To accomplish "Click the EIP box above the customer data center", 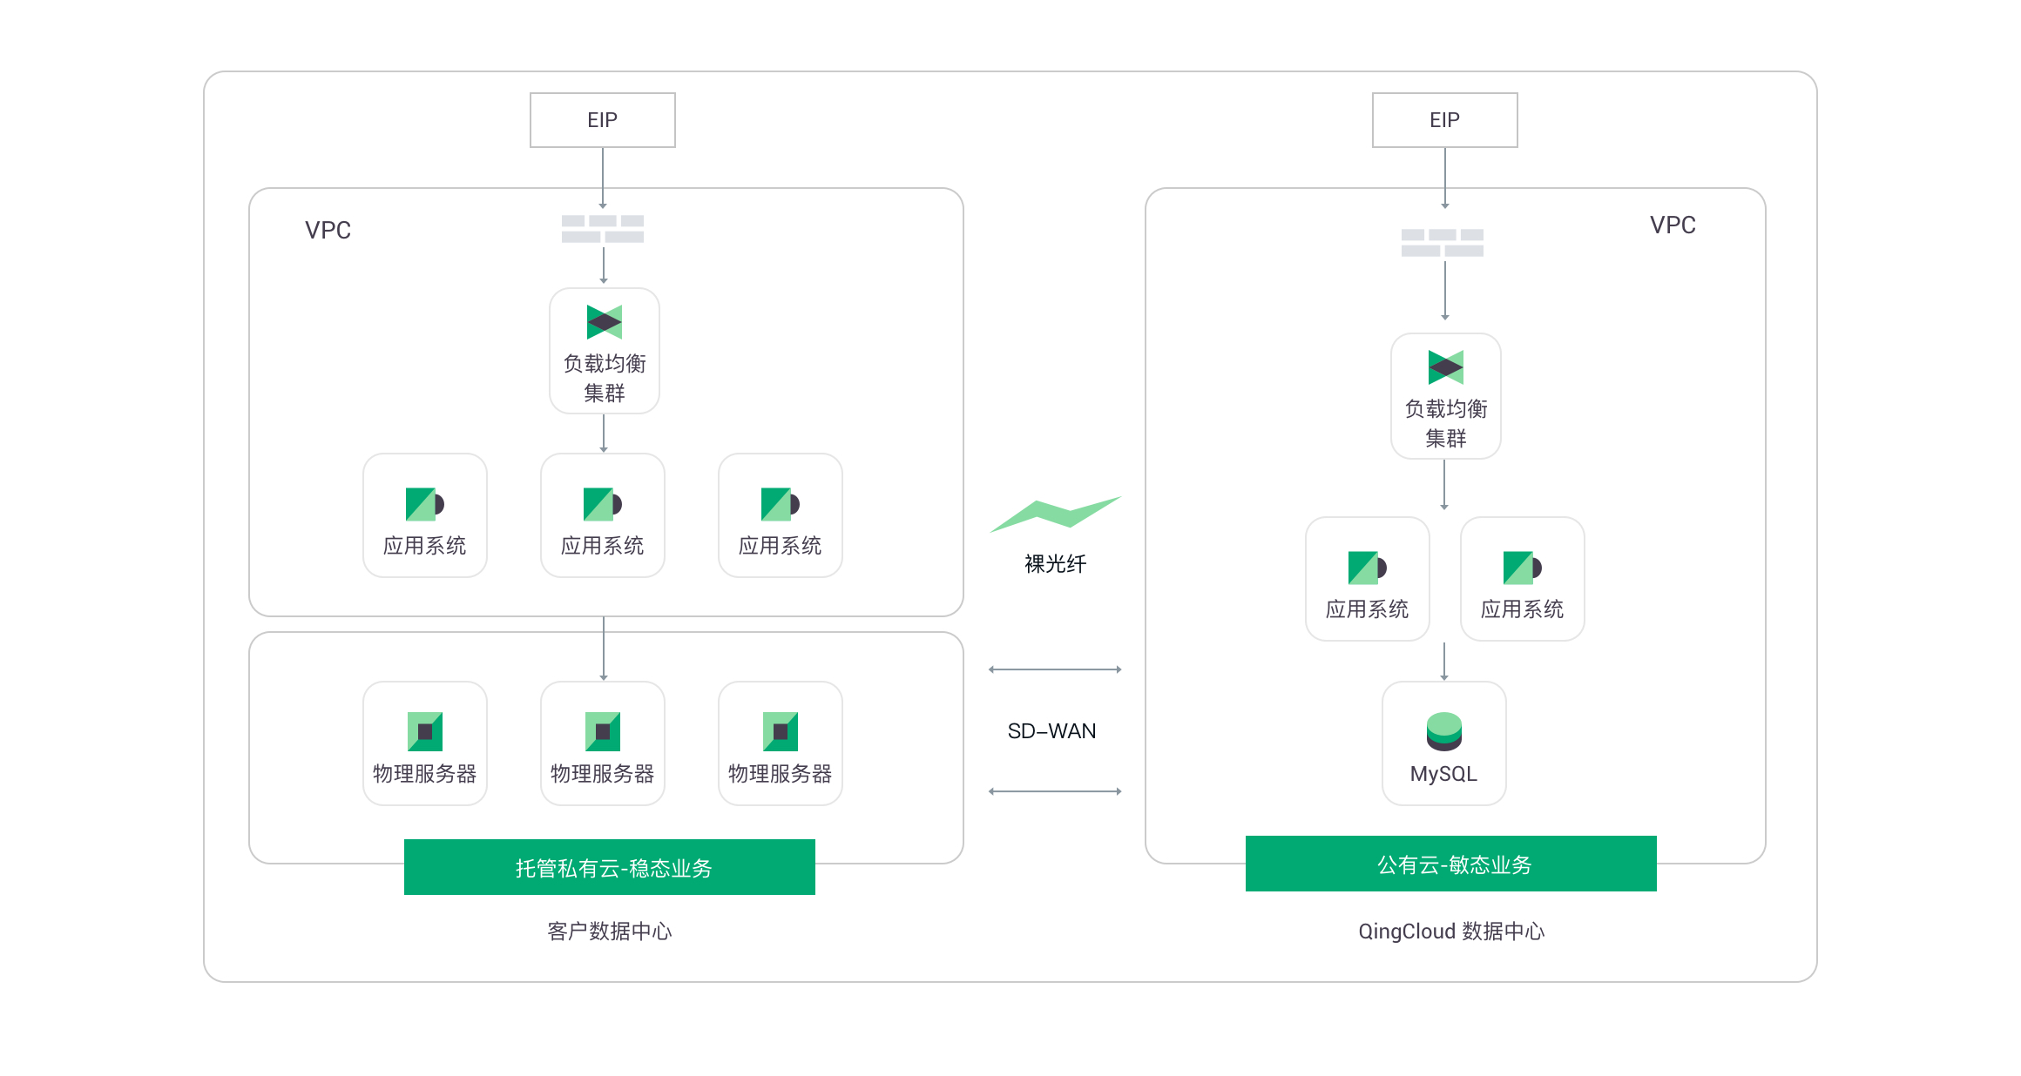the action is (603, 120).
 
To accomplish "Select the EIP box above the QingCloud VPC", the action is (1445, 120).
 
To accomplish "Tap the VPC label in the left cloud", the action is (328, 230).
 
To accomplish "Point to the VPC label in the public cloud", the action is (1673, 225).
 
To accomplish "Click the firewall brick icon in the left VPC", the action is (603, 229).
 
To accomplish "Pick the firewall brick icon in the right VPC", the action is (1443, 243).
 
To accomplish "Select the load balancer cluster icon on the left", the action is (605, 322).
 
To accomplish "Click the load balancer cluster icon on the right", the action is (1446, 367).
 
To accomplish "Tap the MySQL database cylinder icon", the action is (1444, 731).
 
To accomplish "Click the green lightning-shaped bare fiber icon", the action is (1055, 514).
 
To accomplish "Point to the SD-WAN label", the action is (1051, 731).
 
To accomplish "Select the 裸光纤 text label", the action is (1055, 564).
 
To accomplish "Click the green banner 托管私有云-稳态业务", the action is (610, 867).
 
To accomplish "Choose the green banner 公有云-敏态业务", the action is (1451, 864).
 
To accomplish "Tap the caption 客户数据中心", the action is (610, 931).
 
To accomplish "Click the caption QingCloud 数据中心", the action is (1451, 931).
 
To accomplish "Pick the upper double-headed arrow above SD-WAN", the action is (1055, 669).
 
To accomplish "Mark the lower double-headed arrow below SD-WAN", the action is (1055, 791).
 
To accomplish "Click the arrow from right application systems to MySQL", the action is (1444, 662).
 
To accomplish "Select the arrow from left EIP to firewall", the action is (603, 178).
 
